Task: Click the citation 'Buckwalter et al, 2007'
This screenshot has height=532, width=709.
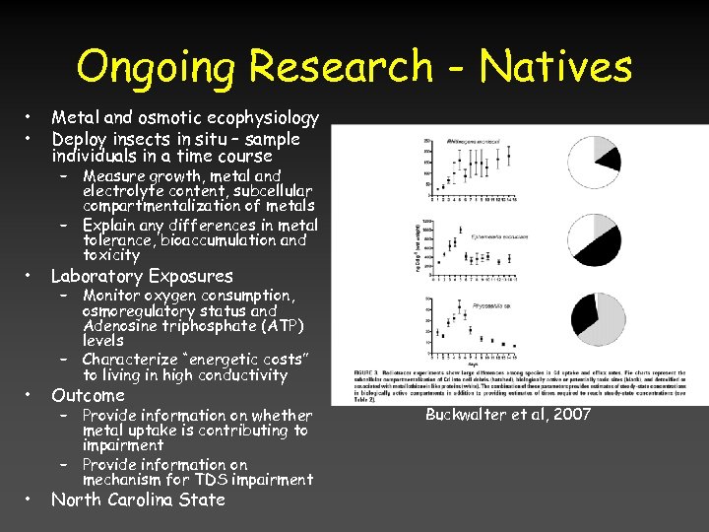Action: click(508, 414)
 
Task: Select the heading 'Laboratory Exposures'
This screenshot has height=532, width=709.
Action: click(142, 276)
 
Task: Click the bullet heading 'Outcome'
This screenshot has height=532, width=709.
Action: click(88, 395)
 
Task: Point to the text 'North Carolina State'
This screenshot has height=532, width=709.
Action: click(138, 499)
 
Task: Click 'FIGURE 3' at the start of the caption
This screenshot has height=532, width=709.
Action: click(367, 373)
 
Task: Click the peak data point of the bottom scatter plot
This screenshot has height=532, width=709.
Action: click(461, 300)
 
